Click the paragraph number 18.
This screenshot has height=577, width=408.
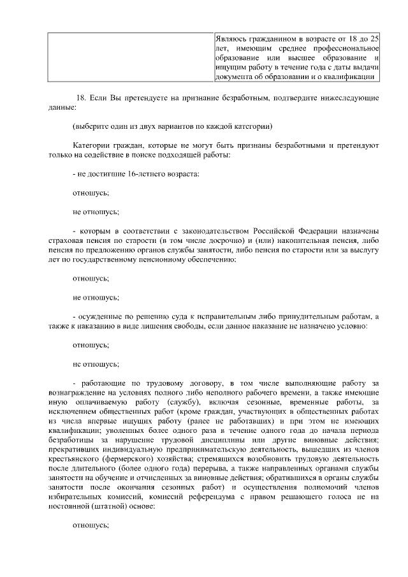tap(80, 98)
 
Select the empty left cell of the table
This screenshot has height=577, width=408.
tap(130, 57)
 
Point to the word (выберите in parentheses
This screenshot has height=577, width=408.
tap(93, 126)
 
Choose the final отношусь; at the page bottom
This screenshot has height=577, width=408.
tap(91, 527)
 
